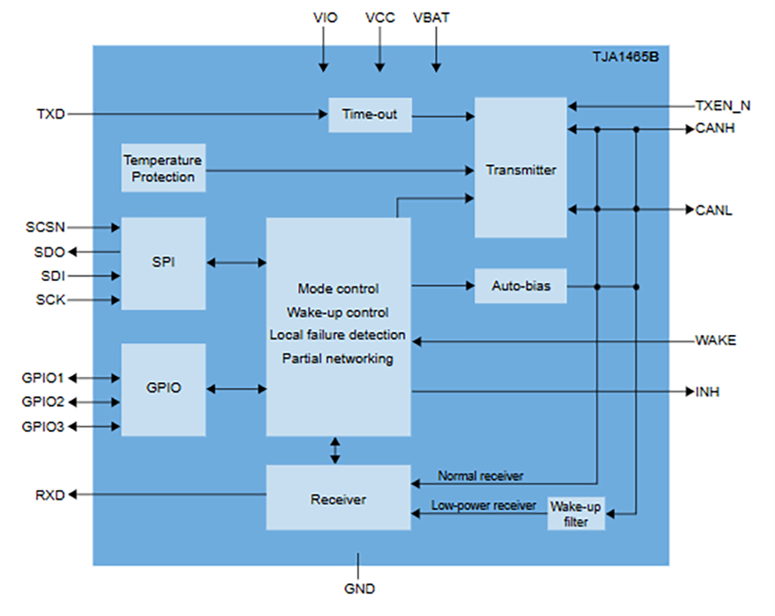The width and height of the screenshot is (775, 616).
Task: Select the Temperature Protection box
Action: (x=163, y=168)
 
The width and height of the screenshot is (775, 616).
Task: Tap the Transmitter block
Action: (x=521, y=170)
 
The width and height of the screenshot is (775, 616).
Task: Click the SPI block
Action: (x=163, y=263)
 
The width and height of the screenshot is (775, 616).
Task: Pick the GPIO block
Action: (x=163, y=388)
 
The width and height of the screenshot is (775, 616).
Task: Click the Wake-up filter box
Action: (x=575, y=515)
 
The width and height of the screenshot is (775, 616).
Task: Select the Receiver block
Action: (x=337, y=498)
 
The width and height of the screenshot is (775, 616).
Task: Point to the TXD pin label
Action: (x=51, y=114)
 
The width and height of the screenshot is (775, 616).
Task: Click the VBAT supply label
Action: (x=431, y=17)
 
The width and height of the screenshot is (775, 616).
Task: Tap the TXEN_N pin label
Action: (x=723, y=105)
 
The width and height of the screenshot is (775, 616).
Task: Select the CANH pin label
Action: (x=715, y=129)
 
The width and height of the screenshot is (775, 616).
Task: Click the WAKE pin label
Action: (x=716, y=340)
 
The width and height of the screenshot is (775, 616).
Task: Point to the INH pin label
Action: (x=708, y=392)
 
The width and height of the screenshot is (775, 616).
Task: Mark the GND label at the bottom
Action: (x=359, y=589)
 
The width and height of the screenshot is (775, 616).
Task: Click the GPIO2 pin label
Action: (x=43, y=402)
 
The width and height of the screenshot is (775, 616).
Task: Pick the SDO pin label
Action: (x=50, y=251)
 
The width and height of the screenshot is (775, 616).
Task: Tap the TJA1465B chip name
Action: (x=628, y=57)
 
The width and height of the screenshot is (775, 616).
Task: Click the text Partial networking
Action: (x=337, y=359)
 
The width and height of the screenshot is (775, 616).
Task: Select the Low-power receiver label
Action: (x=483, y=505)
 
